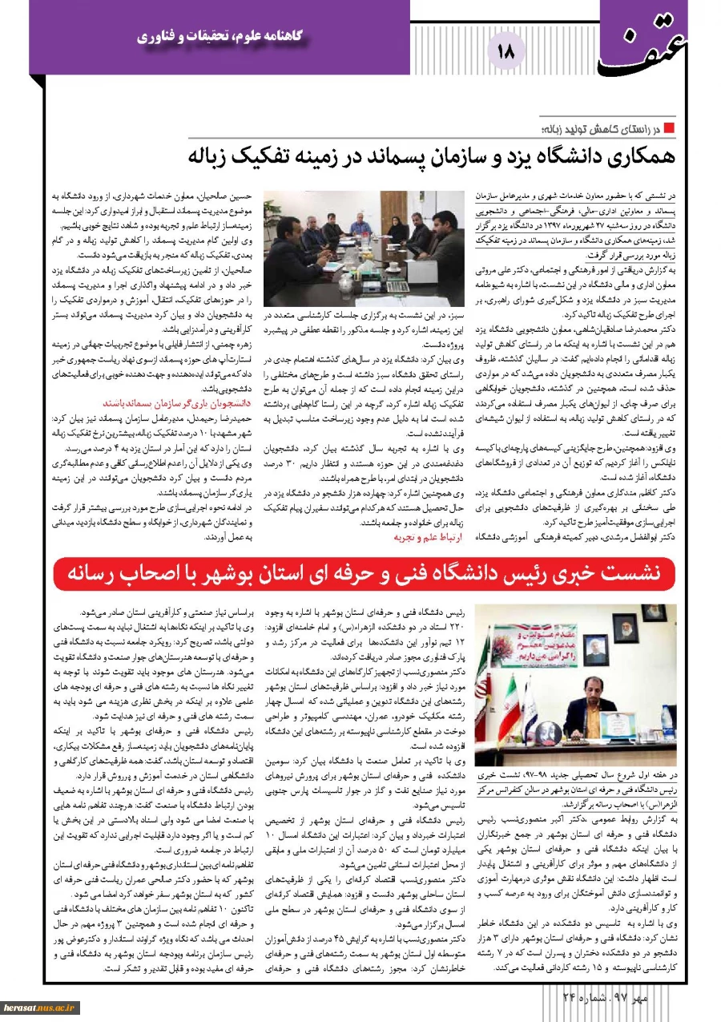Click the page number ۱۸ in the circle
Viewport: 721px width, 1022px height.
pos(506,51)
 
